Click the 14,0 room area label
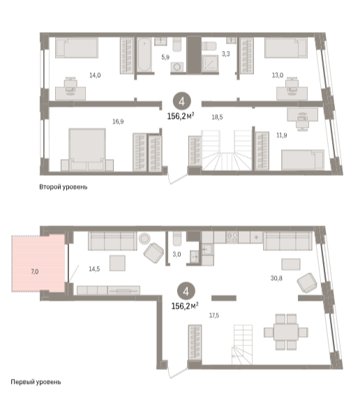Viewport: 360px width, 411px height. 95,75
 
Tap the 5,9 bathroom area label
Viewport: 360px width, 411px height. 165,57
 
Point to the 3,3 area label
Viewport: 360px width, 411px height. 225,54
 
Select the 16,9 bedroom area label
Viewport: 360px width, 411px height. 118,121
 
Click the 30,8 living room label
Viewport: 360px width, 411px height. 276,278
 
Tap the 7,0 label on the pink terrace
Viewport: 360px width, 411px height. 35,271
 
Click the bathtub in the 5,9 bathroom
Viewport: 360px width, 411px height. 144,55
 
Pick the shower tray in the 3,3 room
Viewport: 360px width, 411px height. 210,63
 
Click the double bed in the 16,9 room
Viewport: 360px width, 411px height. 87,149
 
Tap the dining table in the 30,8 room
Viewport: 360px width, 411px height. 286,332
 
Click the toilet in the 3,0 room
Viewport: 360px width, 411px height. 177,239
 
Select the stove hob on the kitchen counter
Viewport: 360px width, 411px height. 232,237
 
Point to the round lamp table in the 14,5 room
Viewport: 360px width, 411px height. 144,239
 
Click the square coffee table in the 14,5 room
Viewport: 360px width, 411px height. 117,263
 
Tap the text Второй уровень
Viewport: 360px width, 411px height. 63,187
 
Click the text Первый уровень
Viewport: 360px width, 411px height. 36,382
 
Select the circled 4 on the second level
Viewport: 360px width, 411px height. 182,101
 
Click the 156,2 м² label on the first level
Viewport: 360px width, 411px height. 185,306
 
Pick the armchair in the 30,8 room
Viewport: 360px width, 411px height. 307,283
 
